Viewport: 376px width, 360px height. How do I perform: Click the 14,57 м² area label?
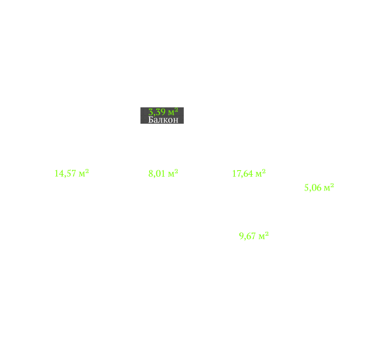point(72,173)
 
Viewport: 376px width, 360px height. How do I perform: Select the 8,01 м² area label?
point(163,173)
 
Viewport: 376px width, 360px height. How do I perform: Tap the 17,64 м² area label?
point(249,173)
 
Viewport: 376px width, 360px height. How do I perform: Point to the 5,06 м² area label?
point(319,187)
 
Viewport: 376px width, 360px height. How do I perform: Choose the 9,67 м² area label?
point(254,236)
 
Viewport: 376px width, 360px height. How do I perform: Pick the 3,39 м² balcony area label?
point(163,112)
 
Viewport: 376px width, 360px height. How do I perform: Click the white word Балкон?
point(163,120)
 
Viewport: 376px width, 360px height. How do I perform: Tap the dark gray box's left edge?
point(141,115)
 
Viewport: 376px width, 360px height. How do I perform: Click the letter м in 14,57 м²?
point(82,174)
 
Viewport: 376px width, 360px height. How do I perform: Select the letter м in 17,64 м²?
point(258,174)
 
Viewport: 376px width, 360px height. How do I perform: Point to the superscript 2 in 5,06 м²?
point(332,185)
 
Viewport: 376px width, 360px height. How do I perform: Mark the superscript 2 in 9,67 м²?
point(267,233)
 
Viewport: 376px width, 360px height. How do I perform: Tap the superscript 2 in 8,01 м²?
point(177,171)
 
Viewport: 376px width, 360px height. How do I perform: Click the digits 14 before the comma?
point(59,173)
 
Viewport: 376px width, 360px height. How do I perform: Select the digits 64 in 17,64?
point(248,173)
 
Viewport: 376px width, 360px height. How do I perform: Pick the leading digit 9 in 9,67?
point(241,236)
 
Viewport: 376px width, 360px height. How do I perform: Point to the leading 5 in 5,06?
point(307,187)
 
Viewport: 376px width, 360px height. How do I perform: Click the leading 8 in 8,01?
point(151,173)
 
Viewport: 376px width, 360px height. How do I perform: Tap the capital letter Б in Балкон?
point(151,120)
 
